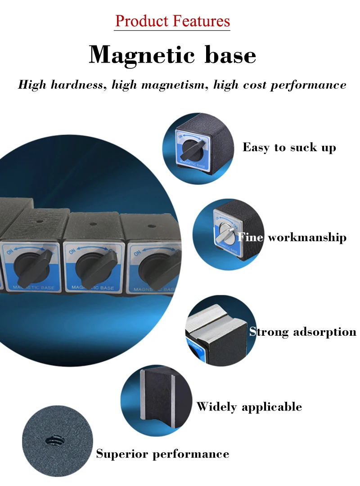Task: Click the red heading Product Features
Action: point(172,21)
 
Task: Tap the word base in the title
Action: point(230,55)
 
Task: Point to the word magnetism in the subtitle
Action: point(170,85)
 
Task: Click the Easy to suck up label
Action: point(289,147)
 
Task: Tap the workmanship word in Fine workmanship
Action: point(307,237)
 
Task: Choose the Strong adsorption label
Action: point(303,332)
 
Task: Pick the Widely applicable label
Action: point(249,407)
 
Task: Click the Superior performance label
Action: point(162,454)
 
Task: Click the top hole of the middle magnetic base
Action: point(93,224)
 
